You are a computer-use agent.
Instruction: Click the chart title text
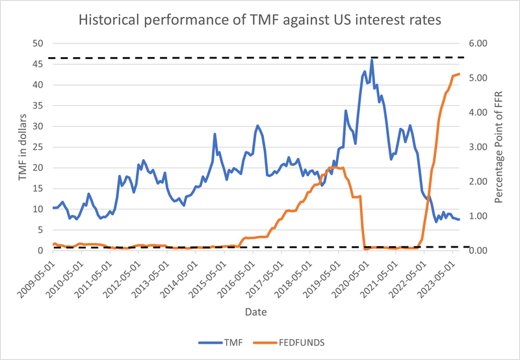pyautogui.click(x=260, y=19)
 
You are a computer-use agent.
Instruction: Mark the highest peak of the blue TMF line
pyautogui.click(x=372, y=60)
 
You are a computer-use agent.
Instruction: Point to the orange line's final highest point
pyautogui.click(x=459, y=74)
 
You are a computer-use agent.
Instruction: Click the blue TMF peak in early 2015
pyautogui.click(x=214, y=135)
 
